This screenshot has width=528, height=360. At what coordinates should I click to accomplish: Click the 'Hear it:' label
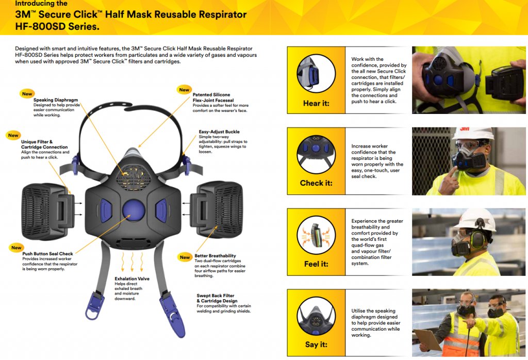point(316,103)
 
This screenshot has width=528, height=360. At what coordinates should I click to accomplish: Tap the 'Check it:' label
point(316,183)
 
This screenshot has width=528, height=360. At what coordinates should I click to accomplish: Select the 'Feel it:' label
point(316,264)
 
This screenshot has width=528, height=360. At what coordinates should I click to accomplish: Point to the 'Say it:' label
point(316,345)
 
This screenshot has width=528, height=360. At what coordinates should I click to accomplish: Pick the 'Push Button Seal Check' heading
point(47,254)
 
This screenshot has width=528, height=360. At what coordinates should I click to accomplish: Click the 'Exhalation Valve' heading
point(132,279)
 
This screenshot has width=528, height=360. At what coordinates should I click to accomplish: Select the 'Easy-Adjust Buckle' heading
point(219,132)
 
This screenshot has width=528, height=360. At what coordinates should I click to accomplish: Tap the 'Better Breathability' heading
point(215,256)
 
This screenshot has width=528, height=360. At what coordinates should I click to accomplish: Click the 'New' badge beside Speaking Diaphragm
point(27,93)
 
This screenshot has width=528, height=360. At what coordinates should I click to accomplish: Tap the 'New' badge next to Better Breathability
point(184,257)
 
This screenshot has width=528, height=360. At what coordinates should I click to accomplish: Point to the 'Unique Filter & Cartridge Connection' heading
point(44,144)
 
